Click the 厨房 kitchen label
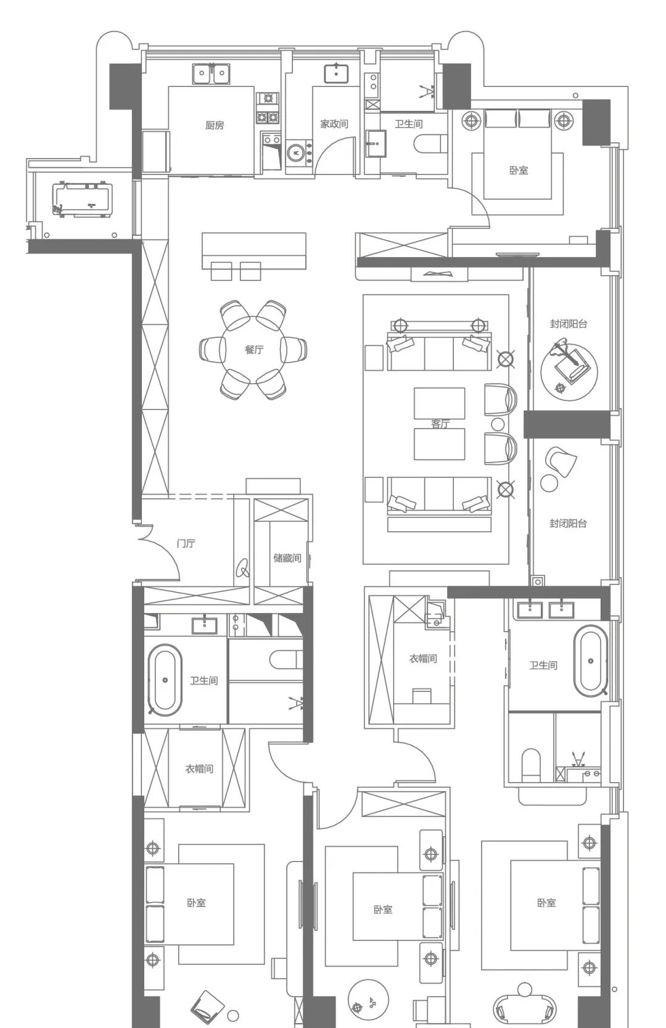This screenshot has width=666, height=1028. pyautogui.click(x=215, y=125)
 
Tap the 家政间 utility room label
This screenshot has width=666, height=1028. pyautogui.click(x=334, y=124)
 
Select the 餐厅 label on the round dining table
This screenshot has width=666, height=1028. pyautogui.click(x=254, y=350)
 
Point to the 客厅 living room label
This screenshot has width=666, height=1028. pyautogui.click(x=440, y=424)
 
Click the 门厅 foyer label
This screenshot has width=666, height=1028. pyautogui.click(x=186, y=543)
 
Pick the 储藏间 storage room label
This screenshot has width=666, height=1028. pyautogui.click(x=287, y=558)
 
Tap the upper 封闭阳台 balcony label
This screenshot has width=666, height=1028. pyautogui.click(x=569, y=324)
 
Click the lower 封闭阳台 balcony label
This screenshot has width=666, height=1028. pyautogui.click(x=568, y=523)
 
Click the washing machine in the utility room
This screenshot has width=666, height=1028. pyautogui.click(x=297, y=153)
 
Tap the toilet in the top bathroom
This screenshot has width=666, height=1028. pyautogui.click(x=430, y=143)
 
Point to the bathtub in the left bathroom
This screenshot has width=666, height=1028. pyautogui.click(x=165, y=680)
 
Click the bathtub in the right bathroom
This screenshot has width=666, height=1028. pyautogui.click(x=591, y=661)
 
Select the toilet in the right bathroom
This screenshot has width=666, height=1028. pyautogui.click(x=530, y=765)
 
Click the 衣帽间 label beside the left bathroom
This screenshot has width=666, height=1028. pyautogui.click(x=199, y=769)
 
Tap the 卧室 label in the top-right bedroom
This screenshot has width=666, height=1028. pyautogui.click(x=519, y=170)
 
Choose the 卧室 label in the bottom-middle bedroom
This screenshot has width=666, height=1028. pyautogui.click(x=383, y=909)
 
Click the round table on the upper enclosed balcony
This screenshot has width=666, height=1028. pyautogui.click(x=569, y=372)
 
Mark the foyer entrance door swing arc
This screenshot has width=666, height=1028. pyautogui.click(x=168, y=549)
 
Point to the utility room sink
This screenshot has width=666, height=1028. pyautogui.click(x=337, y=73)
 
